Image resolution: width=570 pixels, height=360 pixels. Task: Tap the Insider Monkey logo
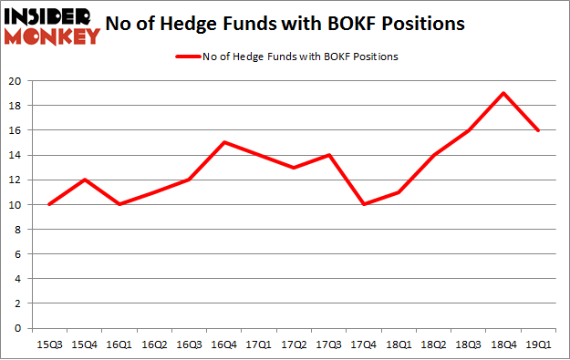(52, 26)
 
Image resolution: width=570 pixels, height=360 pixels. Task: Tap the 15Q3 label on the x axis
(48, 345)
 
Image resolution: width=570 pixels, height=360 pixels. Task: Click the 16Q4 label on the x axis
(224, 345)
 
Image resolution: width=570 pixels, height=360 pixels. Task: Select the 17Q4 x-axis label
(363, 345)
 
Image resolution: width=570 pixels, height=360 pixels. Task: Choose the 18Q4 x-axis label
(503, 345)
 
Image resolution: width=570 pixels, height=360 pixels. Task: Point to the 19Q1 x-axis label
(538, 345)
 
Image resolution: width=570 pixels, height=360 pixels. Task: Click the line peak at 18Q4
(503, 93)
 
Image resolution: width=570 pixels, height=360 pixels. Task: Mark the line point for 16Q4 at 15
(224, 142)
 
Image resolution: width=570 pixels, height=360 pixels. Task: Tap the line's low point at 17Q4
(364, 204)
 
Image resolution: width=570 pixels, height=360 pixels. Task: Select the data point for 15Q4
(84, 180)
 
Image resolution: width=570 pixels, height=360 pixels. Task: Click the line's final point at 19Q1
(538, 130)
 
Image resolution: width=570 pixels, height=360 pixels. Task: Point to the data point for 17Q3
(329, 155)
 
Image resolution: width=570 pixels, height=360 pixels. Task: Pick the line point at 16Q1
(119, 204)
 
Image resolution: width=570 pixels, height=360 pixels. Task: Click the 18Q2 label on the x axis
(434, 345)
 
